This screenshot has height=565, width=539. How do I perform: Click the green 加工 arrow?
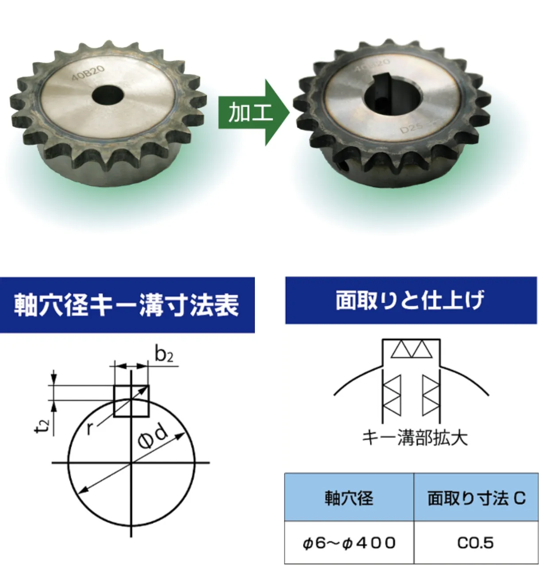[252, 113]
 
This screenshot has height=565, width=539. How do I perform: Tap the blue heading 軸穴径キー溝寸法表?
[127, 305]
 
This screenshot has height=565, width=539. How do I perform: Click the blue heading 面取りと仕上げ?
[410, 300]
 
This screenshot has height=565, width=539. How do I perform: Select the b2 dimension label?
[164, 355]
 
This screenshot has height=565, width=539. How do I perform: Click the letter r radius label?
[91, 428]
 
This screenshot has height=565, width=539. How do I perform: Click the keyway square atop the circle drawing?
[131, 401]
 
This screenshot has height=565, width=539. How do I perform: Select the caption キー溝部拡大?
[415, 437]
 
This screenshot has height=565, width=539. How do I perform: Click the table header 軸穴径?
[349, 498]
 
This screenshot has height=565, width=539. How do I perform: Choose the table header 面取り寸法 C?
[476, 498]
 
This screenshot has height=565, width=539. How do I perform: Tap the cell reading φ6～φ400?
[349, 543]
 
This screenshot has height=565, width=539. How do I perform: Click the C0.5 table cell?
[476, 543]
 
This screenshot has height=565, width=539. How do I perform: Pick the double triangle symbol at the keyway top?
[411, 349]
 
